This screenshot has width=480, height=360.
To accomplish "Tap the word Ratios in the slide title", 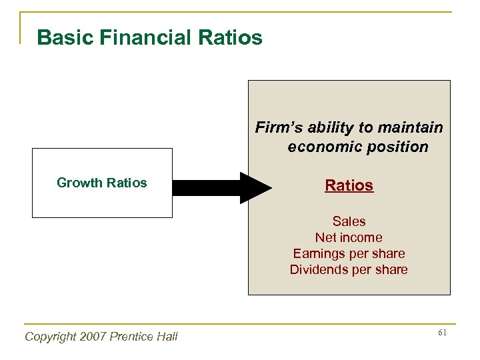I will pyautogui.click(x=230, y=37).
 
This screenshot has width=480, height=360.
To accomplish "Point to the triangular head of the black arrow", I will pyautogui.click(x=255, y=188).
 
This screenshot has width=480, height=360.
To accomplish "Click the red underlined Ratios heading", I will pyautogui.click(x=349, y=185).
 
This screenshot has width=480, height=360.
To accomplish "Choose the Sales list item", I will pyautogui.click(x=349, y=221).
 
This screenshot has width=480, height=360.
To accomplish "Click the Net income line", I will pyautogui.click(x=349, y=237).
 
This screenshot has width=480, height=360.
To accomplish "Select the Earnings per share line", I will pyautogui.click(x=349, y=253).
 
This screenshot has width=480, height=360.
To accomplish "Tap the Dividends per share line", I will pyautogui.click(x=349, y=269).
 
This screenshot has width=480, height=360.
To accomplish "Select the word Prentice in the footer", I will pyautogui.click(x=131, y=337).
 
